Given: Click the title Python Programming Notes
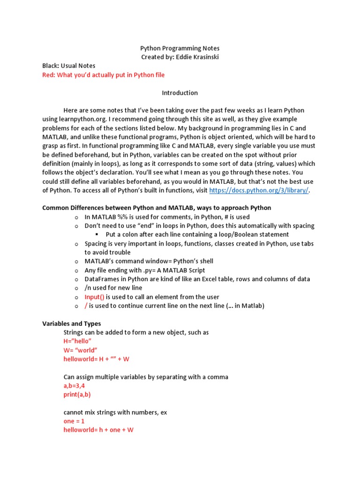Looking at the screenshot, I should click(180, 48).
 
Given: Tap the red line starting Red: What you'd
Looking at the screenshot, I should click(104, 75).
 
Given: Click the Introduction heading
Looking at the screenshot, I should click(180, 93).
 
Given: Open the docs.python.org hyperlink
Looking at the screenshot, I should click(259, 190).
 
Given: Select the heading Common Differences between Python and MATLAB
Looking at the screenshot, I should click(157, 208).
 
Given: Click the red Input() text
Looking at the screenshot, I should click(94, 297).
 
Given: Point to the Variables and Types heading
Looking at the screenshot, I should click(72, 323).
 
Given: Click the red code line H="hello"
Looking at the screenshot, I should click(77, 341).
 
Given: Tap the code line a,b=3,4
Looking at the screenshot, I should click(74, 386).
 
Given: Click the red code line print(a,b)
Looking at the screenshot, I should click(77, 394).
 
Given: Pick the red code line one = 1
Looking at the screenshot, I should click(74, 421).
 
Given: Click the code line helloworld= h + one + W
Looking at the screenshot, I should click(98, 429).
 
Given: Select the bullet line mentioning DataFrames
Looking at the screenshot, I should click(197, 279).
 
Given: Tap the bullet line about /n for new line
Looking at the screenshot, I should click(113, 288).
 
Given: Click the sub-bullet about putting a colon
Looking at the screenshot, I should click(197, 234).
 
